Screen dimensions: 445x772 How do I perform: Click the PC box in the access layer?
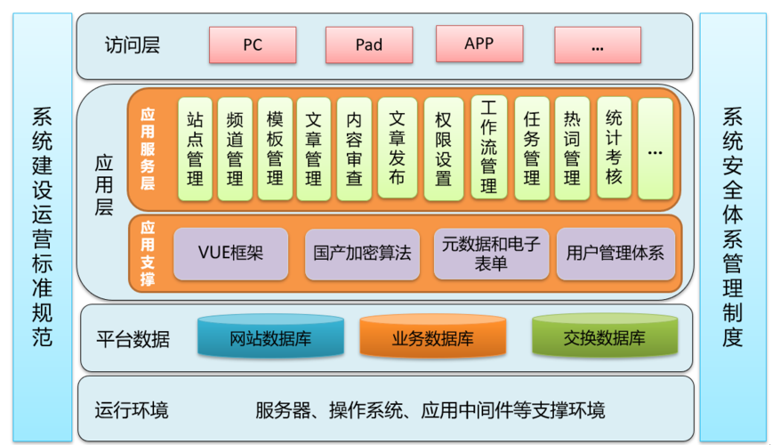pos(253,44)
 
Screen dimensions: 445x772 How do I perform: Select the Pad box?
pos(368,44)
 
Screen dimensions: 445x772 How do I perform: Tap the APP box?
pos(479,44)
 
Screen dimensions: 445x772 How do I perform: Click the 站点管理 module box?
pos(195,149)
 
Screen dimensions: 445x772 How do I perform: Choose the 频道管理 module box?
pos(235,149)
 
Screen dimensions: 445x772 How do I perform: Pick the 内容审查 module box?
pos(354,149)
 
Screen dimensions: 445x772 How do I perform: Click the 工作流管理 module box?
pos(488,147)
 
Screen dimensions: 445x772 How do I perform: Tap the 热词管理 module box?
pos(572,149)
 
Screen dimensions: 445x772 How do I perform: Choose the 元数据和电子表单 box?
pos(490,254)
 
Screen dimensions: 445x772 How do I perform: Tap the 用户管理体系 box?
pos(615,254)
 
